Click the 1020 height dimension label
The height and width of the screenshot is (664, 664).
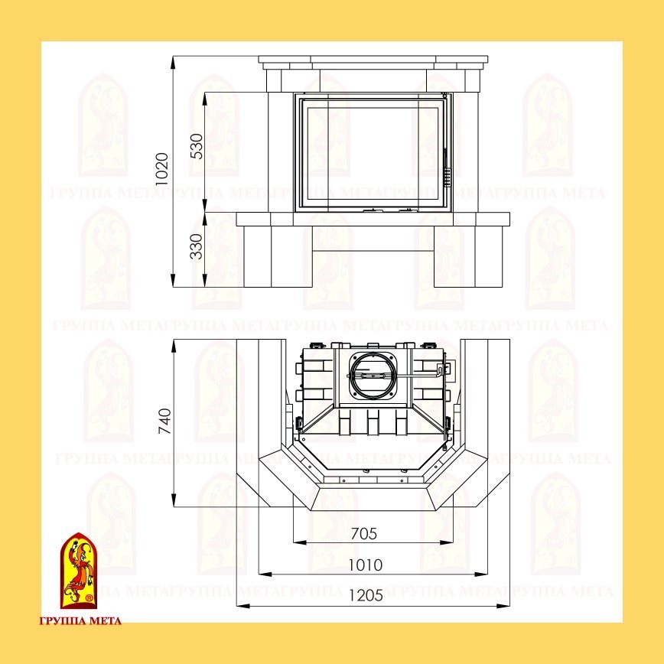click(161, 169)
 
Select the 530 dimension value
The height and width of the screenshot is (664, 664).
click(197, 146)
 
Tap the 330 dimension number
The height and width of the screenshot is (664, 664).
click(197, 246)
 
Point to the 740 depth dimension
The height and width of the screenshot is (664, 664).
click(164, 421)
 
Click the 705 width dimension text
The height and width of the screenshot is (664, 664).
click(364, 534)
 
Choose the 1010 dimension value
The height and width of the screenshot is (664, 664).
click(365, 565)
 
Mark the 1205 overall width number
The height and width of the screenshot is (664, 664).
click(366, 596)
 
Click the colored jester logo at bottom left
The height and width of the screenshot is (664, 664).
click(79, 571)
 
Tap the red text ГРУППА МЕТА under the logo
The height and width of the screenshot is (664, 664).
click(80, 621)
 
